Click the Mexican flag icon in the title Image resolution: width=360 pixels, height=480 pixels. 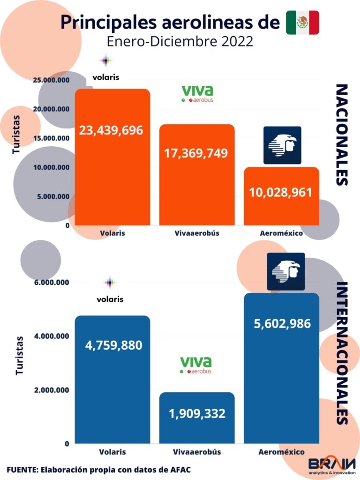[302, 22]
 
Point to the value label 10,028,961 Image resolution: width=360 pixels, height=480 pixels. [281, 192]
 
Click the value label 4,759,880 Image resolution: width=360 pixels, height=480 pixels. [113, 345]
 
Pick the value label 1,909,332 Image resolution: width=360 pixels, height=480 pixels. [197, 414]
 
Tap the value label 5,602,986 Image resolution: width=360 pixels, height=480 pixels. [281, 323]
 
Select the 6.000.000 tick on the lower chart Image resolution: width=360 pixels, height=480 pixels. [53, 283]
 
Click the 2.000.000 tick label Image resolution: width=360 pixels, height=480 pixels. [53, 390]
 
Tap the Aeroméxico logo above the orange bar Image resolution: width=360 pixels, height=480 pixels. [282, 145]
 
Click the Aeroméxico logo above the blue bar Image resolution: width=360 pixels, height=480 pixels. [285, 272]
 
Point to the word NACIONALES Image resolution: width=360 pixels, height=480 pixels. [342, 135]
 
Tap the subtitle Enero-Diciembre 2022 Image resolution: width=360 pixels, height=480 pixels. [180, 41]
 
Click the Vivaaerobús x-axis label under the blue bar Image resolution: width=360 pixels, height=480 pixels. [196, 452]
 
